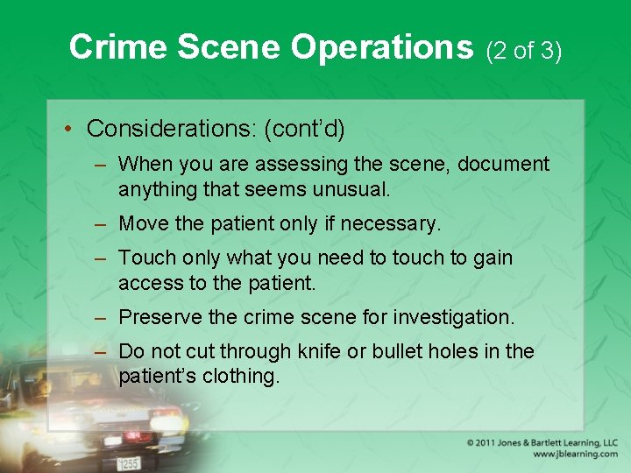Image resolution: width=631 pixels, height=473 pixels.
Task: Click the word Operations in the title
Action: coord(381,47)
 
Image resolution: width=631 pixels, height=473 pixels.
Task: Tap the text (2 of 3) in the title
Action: coord(523,50)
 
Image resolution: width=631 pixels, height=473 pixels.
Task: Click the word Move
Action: coord(143,223)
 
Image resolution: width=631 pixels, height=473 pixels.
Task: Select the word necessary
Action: coord(390,224)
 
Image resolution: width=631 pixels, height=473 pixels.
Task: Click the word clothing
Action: coord(239,377)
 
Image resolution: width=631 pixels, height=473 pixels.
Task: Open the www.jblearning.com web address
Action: coord(575,455)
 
